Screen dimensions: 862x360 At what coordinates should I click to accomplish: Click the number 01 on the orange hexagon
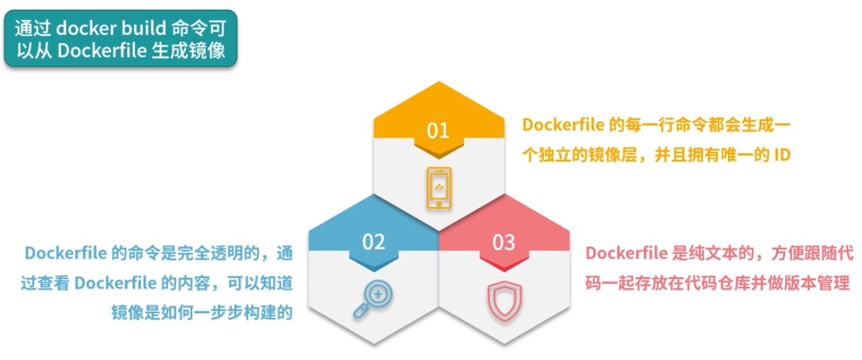click(438, 131)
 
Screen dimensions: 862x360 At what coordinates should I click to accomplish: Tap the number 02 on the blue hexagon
click(373, 242)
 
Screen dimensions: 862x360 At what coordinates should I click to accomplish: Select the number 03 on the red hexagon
click(503, 242)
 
